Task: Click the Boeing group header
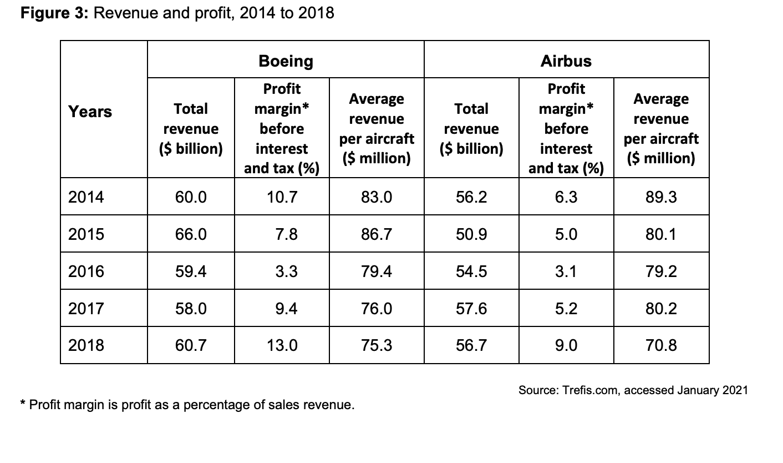[286, 61]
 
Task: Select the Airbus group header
[566, 61]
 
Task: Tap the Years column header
[90, 112]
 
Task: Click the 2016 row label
[86, 271]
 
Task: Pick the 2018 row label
[86, 345]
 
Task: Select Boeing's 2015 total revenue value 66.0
[191, 234]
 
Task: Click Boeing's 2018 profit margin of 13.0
[282, 345]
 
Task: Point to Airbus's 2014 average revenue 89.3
[661, 197]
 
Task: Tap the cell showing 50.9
[471, 234]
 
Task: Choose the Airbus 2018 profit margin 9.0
[566, 345]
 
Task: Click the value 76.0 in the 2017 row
[377, 308]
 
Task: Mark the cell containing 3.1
[566, 271]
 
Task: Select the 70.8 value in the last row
[661, 345]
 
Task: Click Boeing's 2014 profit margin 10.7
[282, 197]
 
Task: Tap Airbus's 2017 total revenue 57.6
[471, 308]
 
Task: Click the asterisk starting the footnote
[23, 404]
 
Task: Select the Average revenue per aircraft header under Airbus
[661, 128]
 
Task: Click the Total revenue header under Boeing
[191, 128]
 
